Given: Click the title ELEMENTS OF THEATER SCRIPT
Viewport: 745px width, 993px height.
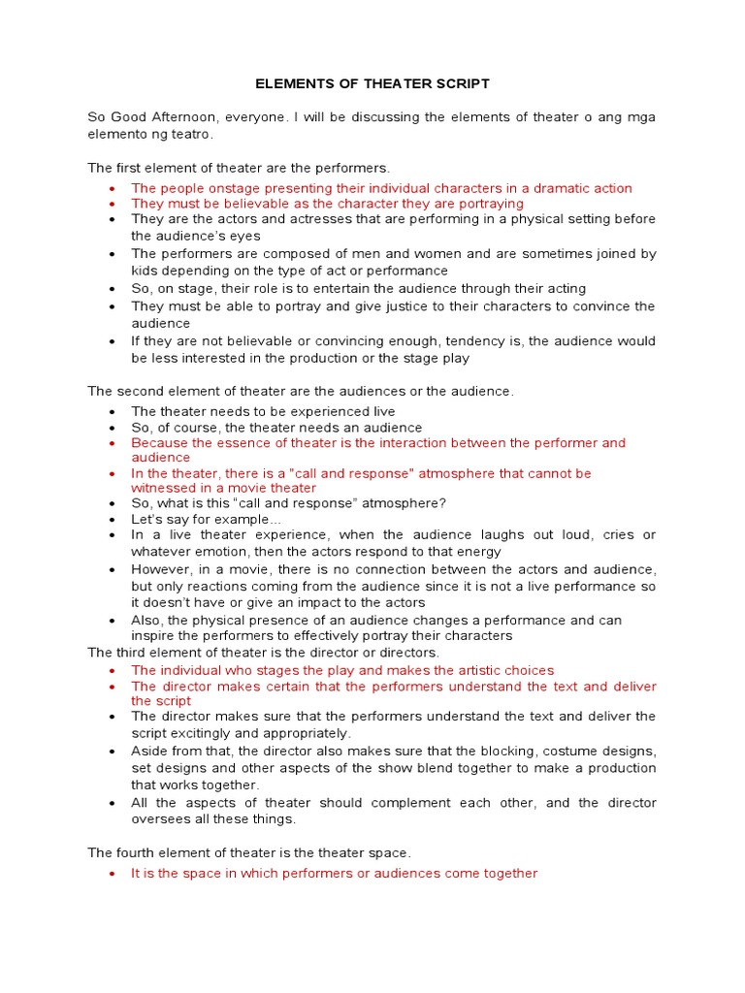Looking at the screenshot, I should (x=372, y=85).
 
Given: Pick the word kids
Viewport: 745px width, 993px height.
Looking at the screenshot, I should (x=146, y=271).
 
